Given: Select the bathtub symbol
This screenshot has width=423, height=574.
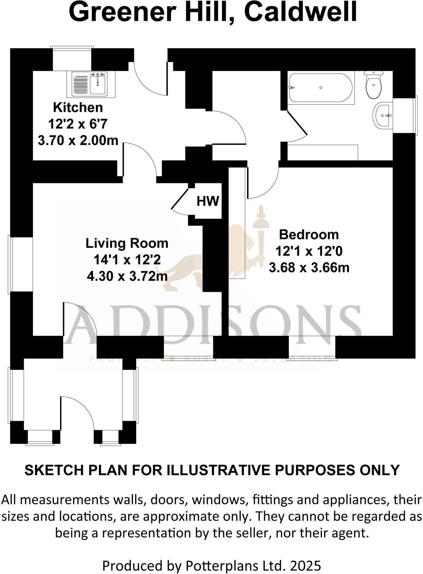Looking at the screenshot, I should coord(321,88).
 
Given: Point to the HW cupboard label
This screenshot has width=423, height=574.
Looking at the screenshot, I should coord(208,201).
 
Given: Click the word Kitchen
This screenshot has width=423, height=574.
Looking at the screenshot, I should coord(78,107).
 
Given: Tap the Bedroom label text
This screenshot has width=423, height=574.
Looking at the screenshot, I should coord(309,234).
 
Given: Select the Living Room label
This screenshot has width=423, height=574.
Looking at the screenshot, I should coord(127,243).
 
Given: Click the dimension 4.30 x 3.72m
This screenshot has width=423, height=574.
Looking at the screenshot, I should coord(127,277).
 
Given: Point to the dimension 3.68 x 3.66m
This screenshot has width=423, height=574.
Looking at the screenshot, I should coord(309,268).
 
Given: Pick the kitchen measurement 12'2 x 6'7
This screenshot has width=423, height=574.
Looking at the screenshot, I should coord(78,124).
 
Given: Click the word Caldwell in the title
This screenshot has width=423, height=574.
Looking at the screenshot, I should coord(300,12).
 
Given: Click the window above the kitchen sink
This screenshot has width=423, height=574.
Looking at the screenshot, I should coord(72,59).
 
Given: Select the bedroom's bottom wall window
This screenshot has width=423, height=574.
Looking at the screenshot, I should coord(312,348).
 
